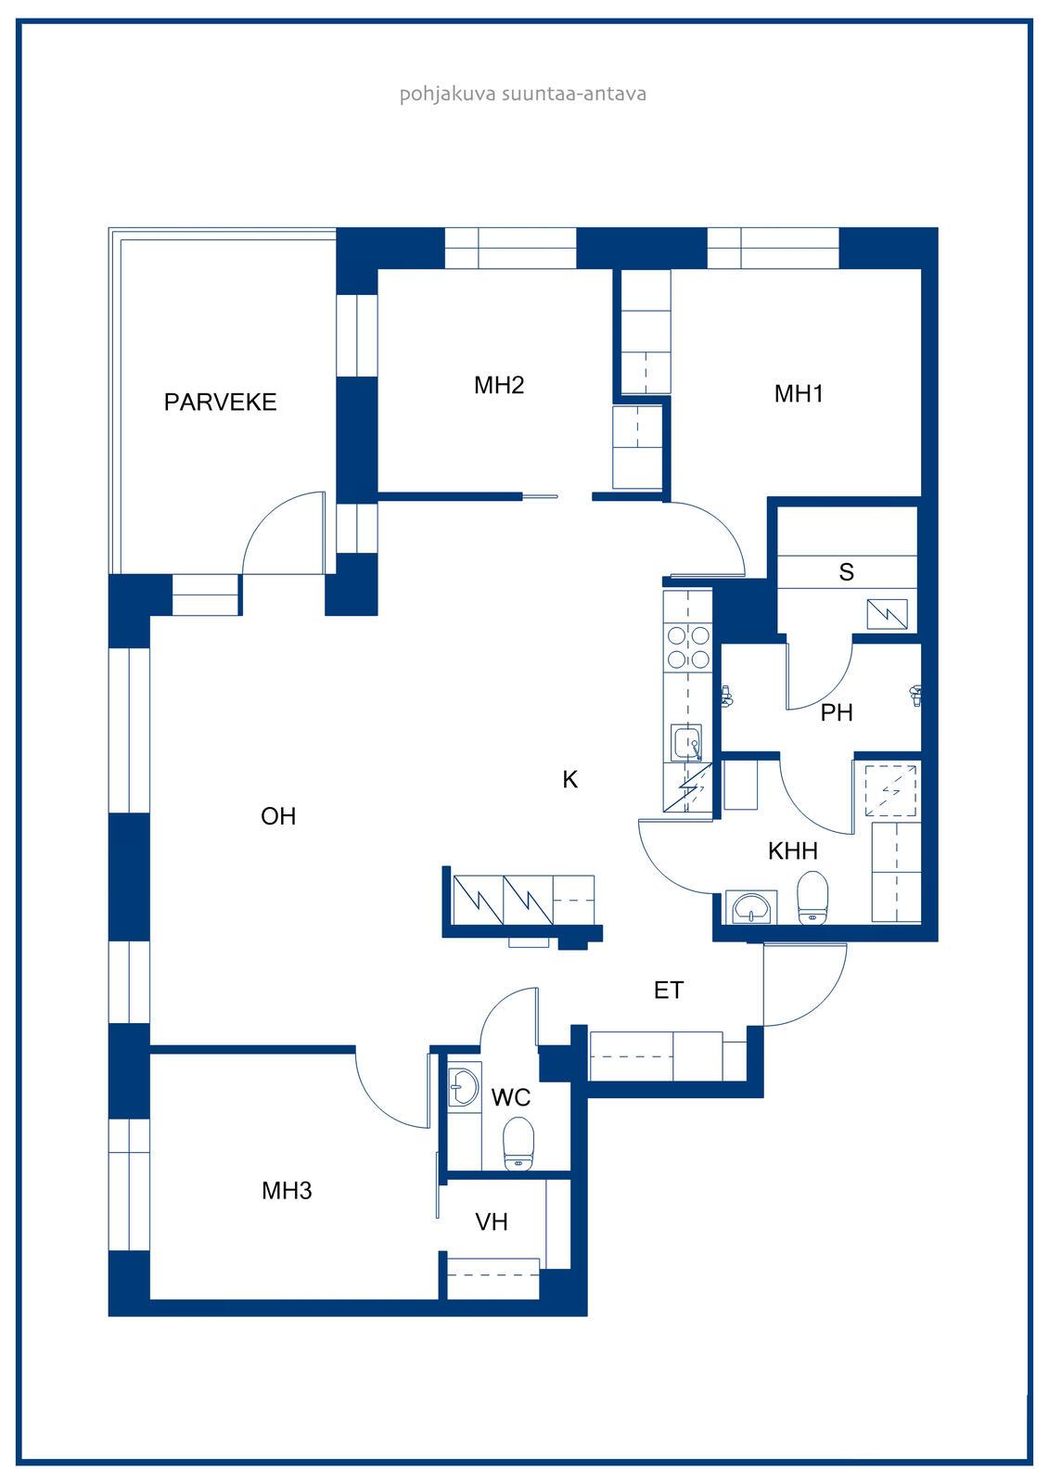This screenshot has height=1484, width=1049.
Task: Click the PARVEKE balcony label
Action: pyautogui.click(x=220, y=403)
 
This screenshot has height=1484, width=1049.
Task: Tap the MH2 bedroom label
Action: pyautogui.click(x=499, y=385)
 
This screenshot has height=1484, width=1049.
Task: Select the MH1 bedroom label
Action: pyautogui.click(x=800, y=393)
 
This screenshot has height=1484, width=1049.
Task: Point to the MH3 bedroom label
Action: pyautogui.click(x=287, y=1191)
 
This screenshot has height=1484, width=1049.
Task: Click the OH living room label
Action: pyautogui.click(x=278, y=816)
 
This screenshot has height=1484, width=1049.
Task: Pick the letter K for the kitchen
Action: pyautogui.click(x=569, y=780)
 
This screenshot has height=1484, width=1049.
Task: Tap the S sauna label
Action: pyautogui.click(x=846, y=571)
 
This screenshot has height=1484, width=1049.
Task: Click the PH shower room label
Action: pyautogui.click(x=837, y=713)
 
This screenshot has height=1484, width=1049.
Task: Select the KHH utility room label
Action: pyautogui.click(x=793, y=851)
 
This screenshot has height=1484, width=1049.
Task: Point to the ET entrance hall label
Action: pyautogui.click(x=669, y=991)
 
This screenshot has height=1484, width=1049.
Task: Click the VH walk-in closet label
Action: pyautogui.click(x=492, y=1222)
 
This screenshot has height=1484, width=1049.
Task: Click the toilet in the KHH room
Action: pyautogui.click(x=812, y=898)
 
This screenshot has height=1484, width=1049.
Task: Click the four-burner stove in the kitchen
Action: pyautogui.click(x=688, y=647)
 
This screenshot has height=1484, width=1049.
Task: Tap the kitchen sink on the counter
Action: pyautogui.click(x=687, y=743)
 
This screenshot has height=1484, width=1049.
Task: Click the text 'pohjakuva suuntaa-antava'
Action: pyautogui.click(x=523, y=94)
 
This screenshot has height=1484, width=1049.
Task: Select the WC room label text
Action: pyautogui.click(x=511, y=1098)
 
